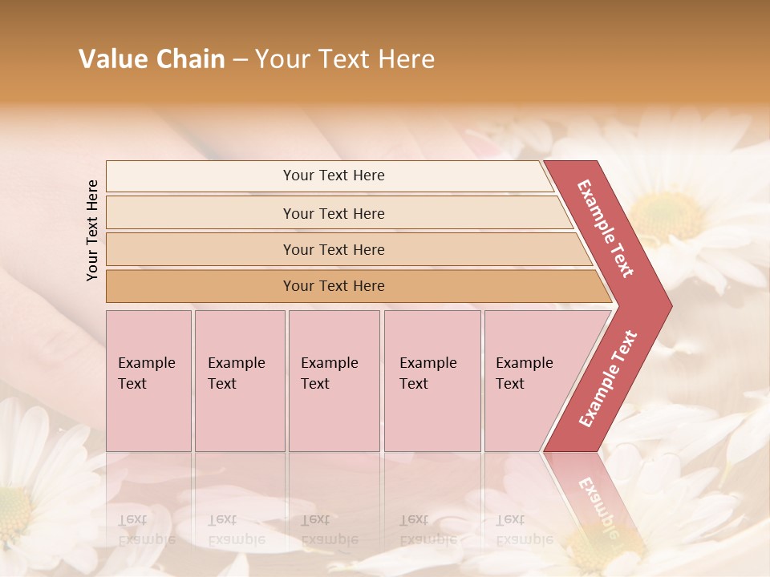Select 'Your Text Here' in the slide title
click(x=345, y=59)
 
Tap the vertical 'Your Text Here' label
click(x=92, y=230)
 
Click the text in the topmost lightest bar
click(x=334, y=176)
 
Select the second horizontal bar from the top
click(x=334, y=213)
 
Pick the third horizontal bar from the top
click(x=334, y=249)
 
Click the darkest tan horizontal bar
click(x=334, y=286)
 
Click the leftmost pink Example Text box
click(x=148, y=380)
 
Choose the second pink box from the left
click(x=239, y=380)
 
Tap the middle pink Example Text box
click(x=334, y=380)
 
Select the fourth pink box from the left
click(x=432, y=380)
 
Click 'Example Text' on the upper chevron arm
click(x=606, y=228)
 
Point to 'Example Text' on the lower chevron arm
click(x=608, y=379)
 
